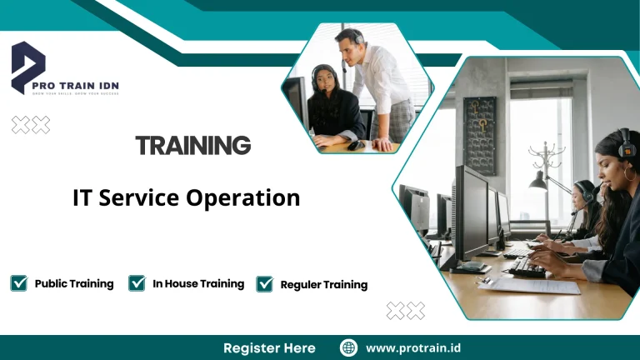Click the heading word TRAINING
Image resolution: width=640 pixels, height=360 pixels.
click(192, 146)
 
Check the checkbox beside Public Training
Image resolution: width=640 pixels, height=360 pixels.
click(18, 283)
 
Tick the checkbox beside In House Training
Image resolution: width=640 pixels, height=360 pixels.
click(137, 283)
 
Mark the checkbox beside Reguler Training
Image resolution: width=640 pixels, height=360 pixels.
click(265, 284)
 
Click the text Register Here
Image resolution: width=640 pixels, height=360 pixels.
click(269, 347)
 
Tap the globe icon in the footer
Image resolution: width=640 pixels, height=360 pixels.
click(349, 347)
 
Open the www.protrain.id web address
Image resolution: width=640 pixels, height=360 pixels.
click(414, 347)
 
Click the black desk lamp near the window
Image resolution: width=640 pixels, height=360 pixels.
click(539, 180)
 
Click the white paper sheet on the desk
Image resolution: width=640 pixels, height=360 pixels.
click(532, 286)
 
